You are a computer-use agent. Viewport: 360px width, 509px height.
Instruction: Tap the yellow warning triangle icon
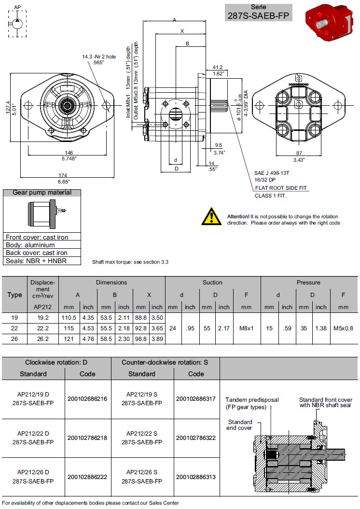[211, 216]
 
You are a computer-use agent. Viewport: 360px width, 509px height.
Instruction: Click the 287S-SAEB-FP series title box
[259, 12]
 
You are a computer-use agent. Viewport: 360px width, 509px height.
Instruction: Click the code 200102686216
[87, 398]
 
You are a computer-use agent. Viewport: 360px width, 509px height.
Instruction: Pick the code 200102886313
[196, 477]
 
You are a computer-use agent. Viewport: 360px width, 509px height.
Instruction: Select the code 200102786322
[196, 438]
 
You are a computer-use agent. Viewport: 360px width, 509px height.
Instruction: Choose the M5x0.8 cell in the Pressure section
[343, 328]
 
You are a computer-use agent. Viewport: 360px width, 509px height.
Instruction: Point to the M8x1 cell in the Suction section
[246, 328]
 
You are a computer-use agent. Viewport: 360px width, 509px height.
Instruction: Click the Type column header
[14, 295]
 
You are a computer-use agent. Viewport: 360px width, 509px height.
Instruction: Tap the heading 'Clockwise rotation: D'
[56, 362]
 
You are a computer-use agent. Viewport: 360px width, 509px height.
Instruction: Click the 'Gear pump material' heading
[42, 193]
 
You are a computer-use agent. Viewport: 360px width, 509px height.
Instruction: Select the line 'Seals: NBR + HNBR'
[36, 261]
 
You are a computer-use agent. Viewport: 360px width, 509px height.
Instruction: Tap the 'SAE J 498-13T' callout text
[273, 172]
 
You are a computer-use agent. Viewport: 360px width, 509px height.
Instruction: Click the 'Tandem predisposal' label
[248, 400]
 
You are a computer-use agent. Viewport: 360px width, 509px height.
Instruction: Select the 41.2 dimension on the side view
[218, 67]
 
